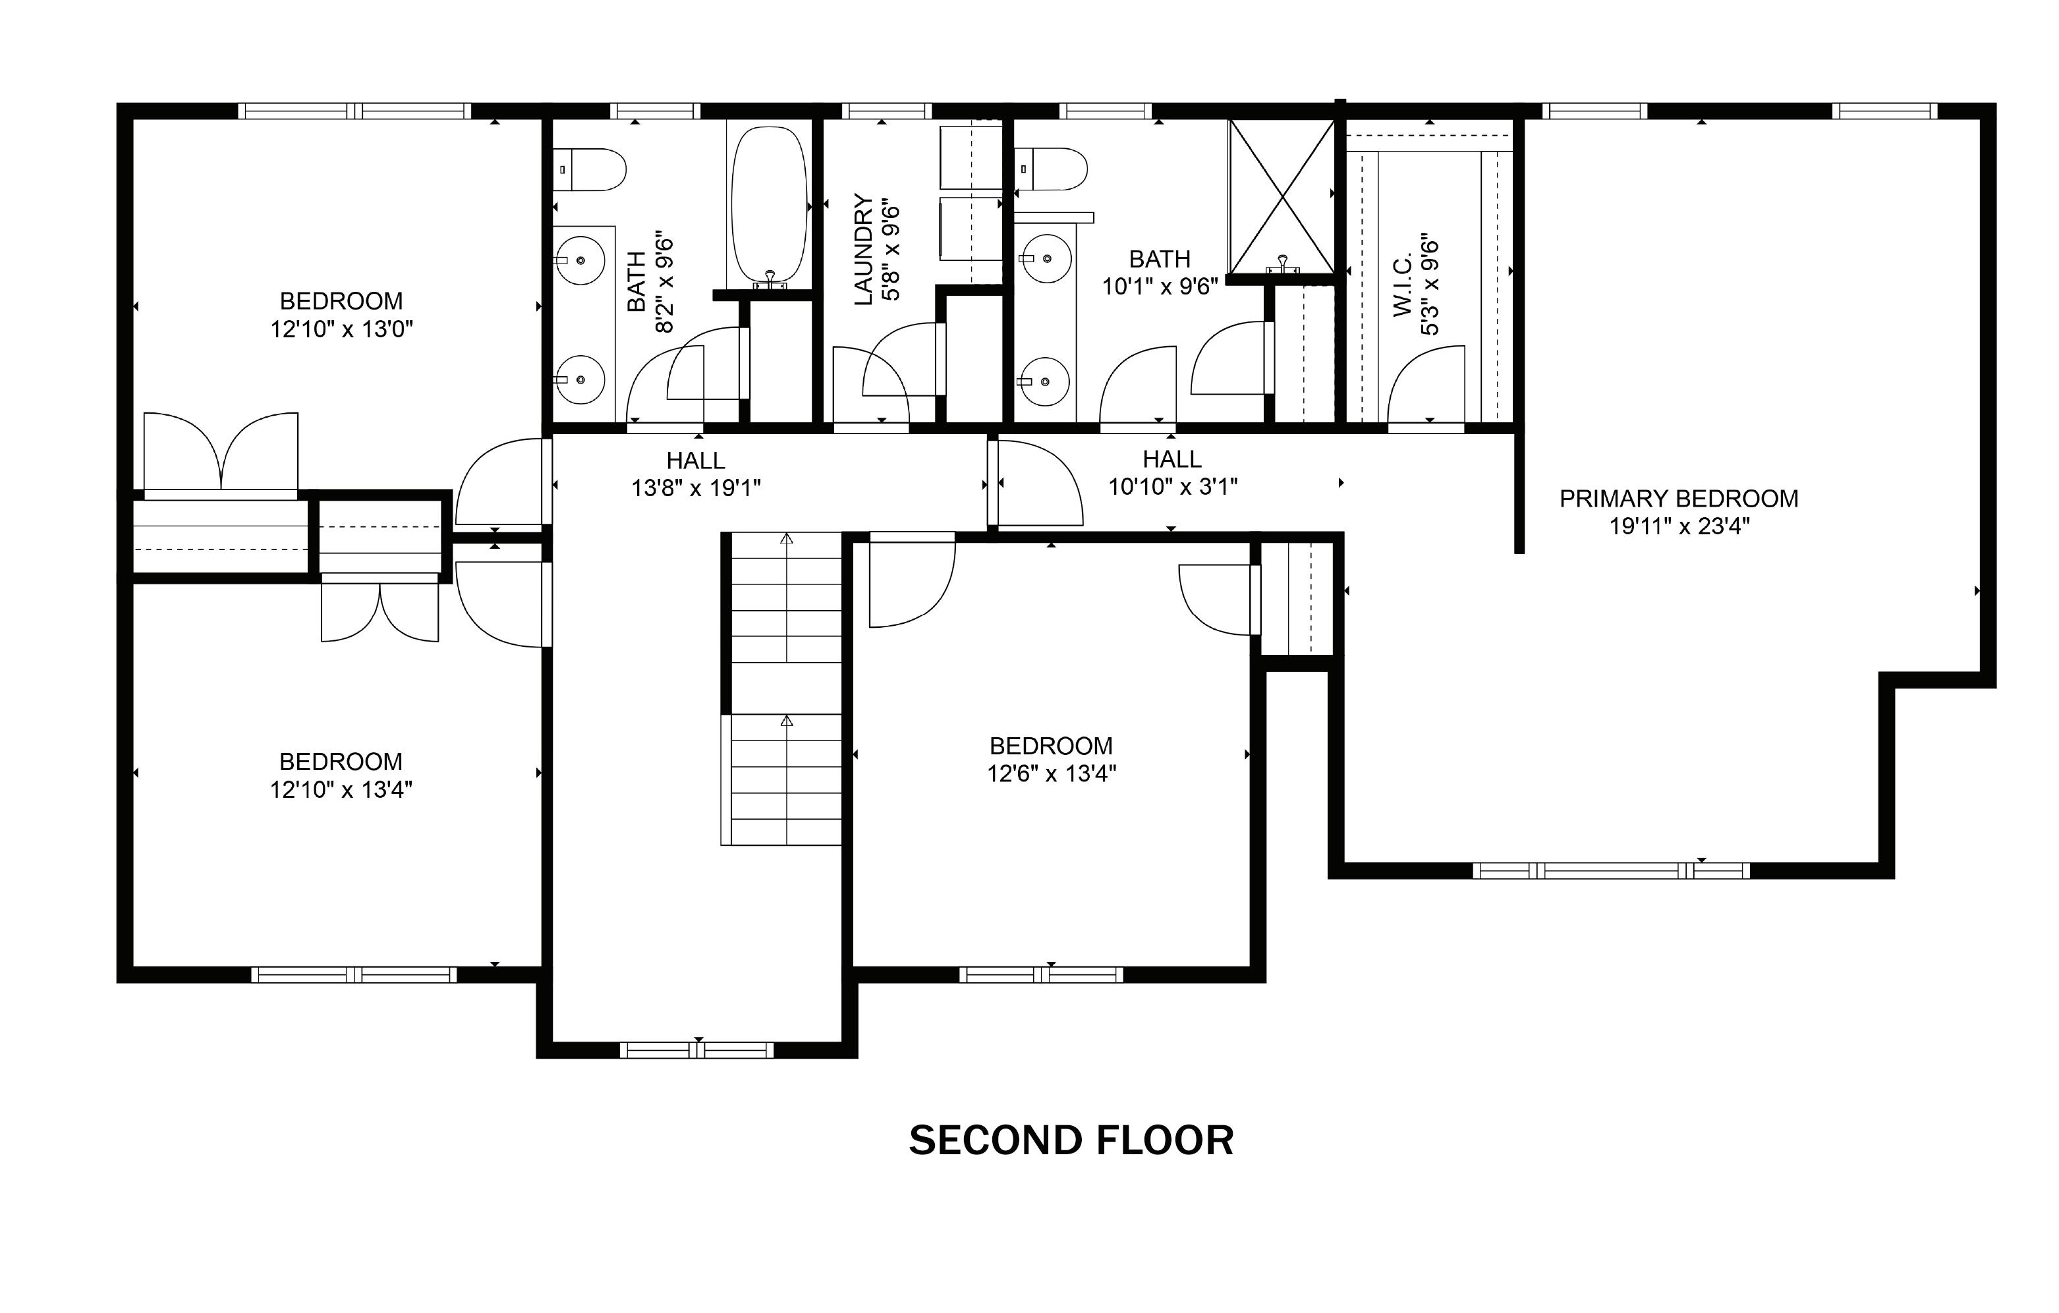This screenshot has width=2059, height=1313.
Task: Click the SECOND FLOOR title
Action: pyautogui.click(x=1071, y=1140)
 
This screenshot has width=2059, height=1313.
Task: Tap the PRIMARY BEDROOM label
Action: pyautogui.click(x=1678, y=498)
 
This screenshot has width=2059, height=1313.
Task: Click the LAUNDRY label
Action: pyautogui.click(x=864, y=249)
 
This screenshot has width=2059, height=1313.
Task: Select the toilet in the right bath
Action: pyautogui.click(x=1051, y=169)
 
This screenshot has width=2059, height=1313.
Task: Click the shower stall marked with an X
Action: pyautogui.click(x=1282, y=196)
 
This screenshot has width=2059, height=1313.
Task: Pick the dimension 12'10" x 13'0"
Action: pyautogui.click(x=342, y=329)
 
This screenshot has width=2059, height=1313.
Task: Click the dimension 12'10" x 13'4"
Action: pyautogui.click(x=341, y=789)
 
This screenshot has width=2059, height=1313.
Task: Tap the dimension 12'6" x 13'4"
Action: pyautogui.click(x=1052, y=773)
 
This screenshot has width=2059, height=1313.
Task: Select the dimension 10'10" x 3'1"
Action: pyautogui.click(x=1173, y=486)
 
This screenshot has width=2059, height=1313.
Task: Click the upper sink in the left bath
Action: pyautogui.click(x=580, y=260)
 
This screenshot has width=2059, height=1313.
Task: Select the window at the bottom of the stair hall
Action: pyautogui.click(x=697, y=1049)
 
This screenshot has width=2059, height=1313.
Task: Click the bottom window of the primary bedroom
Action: pyautogui.click(x=1612, y=871)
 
